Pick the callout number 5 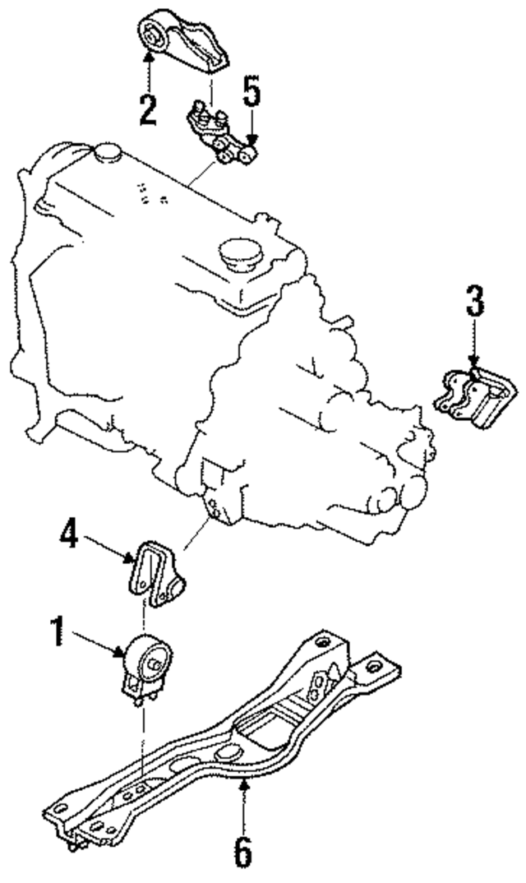click(251, 93)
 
